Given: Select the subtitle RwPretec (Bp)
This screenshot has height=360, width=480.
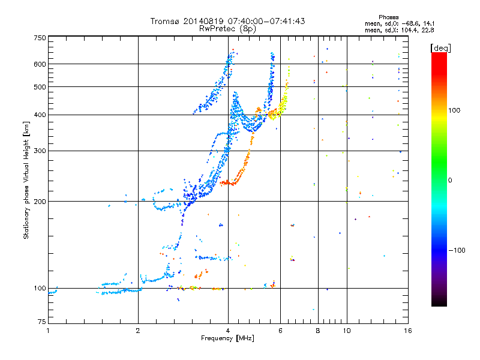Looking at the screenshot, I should point(228,28).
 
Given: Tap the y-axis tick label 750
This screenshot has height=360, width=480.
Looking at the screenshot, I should point(40,38).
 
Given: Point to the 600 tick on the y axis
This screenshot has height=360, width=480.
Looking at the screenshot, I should point(40,64).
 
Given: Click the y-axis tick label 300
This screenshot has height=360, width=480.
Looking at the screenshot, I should point(40,151).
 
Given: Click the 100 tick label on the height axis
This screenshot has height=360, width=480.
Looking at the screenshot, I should point(40,288).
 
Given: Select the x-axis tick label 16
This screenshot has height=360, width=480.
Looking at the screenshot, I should point(407,331).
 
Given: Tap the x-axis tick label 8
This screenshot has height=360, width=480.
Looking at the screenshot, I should point(318,331).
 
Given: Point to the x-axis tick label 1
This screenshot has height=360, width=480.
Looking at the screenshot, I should point(48,331).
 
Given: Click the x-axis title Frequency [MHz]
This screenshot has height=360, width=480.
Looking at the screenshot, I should point(227,339).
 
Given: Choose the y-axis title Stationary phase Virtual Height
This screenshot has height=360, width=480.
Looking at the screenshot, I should point(26,180).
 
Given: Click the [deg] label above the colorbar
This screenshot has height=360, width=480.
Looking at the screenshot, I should point(440,47).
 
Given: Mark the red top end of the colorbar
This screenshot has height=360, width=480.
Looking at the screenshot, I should point(439,55).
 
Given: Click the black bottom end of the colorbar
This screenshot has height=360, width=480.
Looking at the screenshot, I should point(439,304).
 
